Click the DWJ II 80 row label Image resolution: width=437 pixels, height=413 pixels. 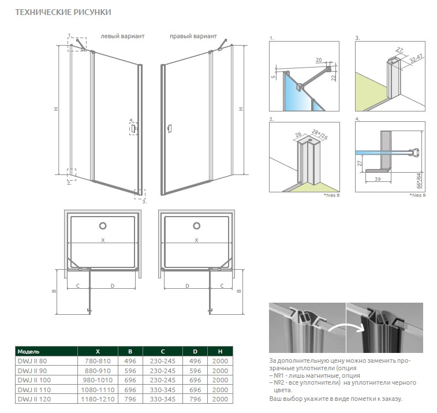pyautogui.click(x=32, y=361)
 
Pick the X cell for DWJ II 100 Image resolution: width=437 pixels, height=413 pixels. pyautogui.click(x=97, y=380)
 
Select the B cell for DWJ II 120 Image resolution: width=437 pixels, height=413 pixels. pyautogui.click(x=130, y=399)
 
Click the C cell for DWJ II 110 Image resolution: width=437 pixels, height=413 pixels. pyautogui.click(x=162, y=390)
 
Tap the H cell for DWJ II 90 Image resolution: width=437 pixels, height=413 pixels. pyautogui.click(x=219, y=371)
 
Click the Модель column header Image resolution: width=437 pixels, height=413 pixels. pyautogui.click(x=28, y=351)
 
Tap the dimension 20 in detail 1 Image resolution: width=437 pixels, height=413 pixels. pyautogui.click(x=319, y=59)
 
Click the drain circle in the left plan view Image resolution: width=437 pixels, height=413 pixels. pyautogui.click(x=103, y=226)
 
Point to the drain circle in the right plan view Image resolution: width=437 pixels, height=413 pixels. pyautogui.click(x=197, y=226)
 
